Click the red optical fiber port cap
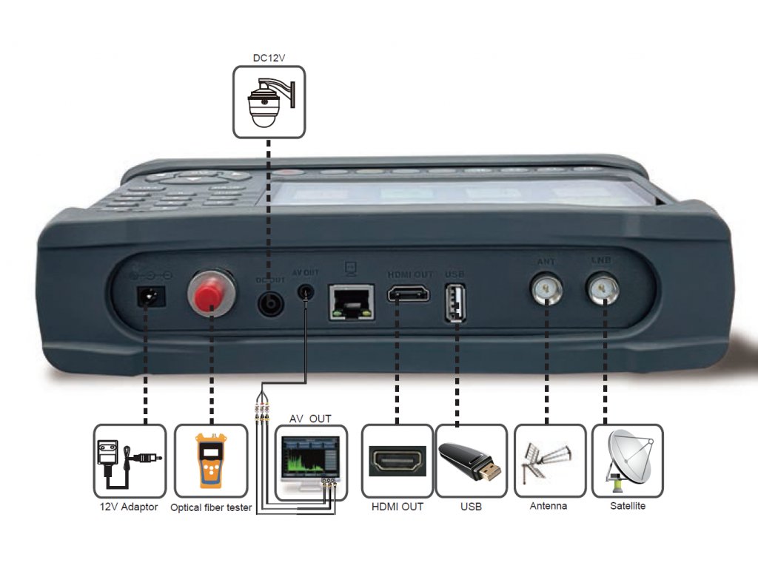tap(212, 289)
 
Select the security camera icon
tap(269, 101)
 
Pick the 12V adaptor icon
tap(129, 460)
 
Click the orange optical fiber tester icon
tap(210, 460)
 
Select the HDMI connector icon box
tap(397, 460)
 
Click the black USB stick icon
tap(471, 460)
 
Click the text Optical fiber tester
tap(211, 508)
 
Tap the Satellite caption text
tap(628, 507)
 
